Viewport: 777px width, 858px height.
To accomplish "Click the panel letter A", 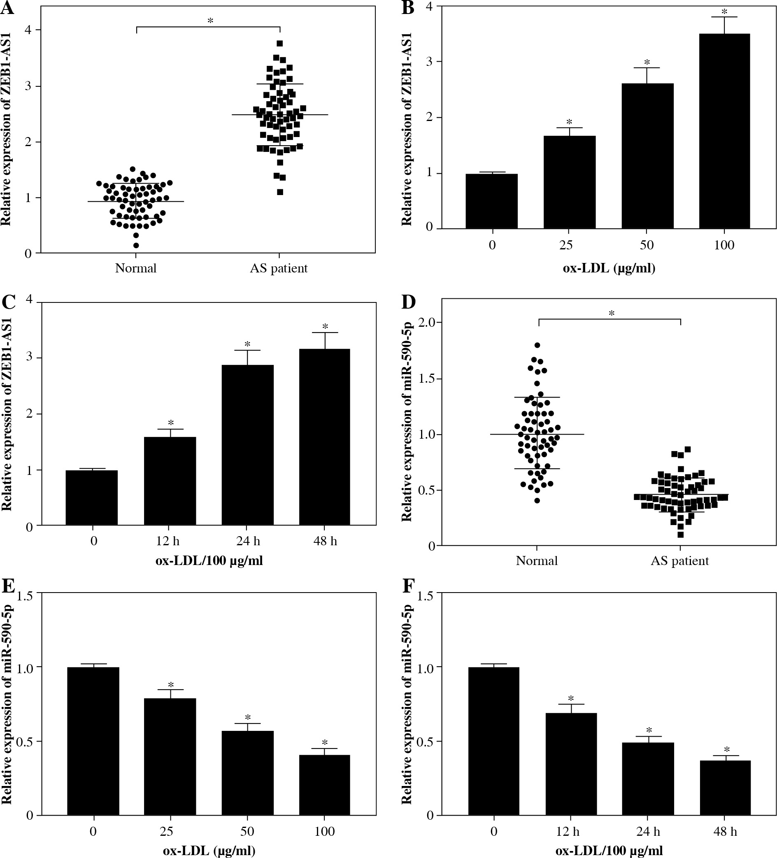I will click(7, 9).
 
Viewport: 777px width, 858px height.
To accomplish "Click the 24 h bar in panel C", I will click(248, 445).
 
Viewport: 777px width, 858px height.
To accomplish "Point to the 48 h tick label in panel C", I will click(325, 541).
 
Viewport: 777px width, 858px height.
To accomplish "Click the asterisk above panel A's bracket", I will click(210, 21).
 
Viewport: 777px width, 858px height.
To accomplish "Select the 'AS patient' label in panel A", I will click(279, 268).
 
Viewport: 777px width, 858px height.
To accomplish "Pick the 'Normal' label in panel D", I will click(537, 560).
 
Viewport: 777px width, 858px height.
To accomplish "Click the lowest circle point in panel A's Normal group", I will click(136, 245).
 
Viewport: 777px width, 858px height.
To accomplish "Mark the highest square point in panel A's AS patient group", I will click(279, 43).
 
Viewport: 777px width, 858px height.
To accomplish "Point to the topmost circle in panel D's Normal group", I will click(537, 345).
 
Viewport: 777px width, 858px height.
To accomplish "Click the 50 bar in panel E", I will click(248, 773).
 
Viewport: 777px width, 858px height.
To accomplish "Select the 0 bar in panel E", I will click(93, 741).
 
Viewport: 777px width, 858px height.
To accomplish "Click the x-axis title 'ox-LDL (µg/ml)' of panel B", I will click(609, 269).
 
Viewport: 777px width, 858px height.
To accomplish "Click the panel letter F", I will click(408, 586).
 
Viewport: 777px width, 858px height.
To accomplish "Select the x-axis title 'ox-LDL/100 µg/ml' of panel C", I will click(209, 560).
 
